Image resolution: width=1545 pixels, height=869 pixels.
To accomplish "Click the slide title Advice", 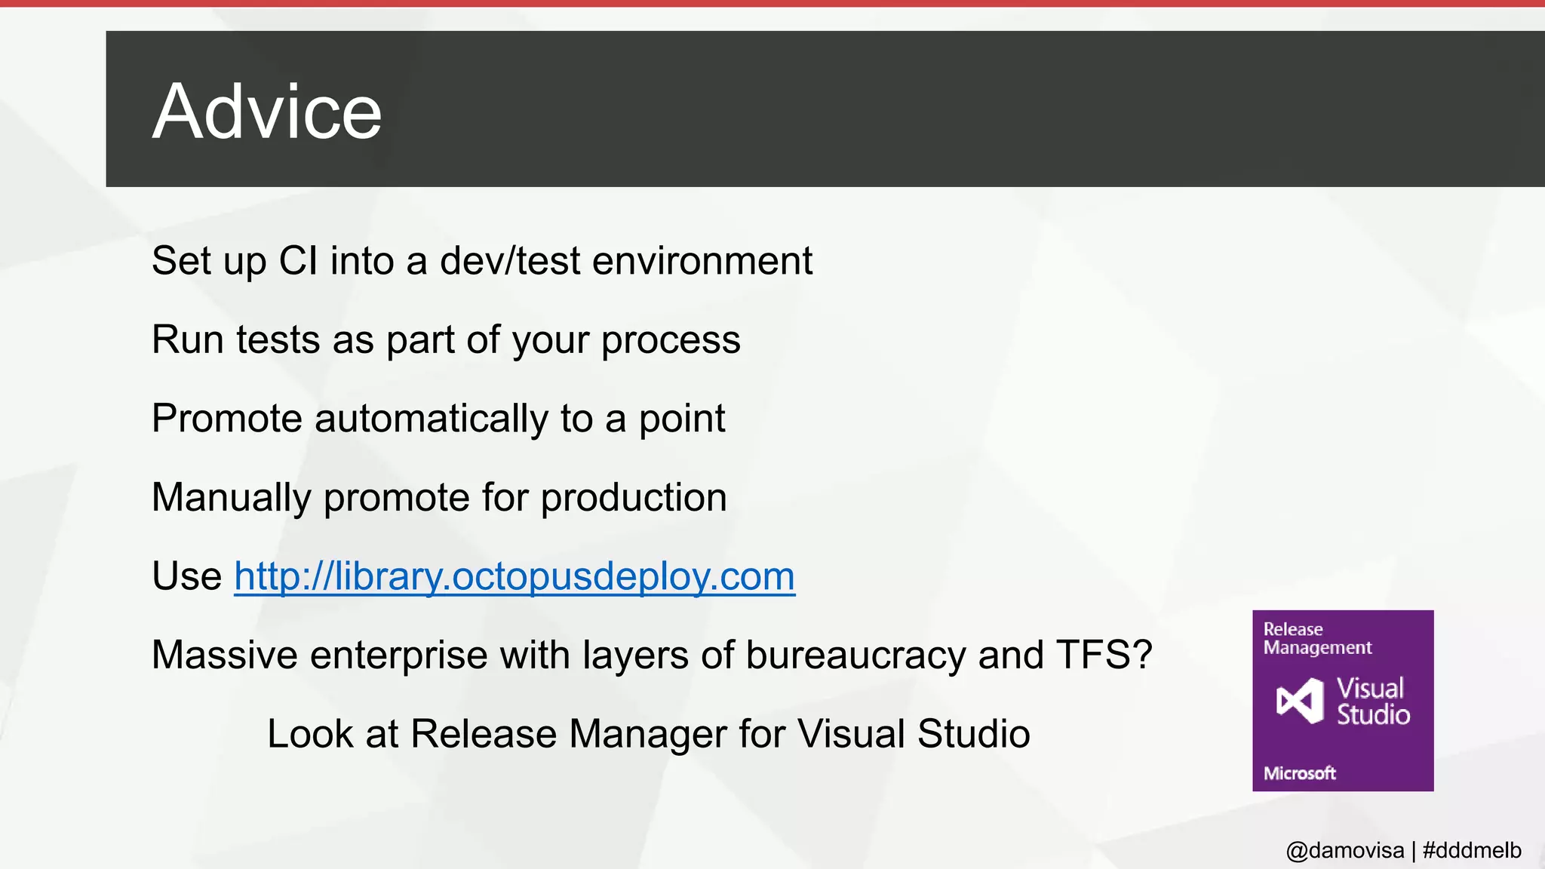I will (x=267, y=112).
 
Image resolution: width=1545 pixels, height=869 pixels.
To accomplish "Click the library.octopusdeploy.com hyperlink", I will (x=514, y=576).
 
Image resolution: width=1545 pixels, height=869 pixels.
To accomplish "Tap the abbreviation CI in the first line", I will (x=298, y=261).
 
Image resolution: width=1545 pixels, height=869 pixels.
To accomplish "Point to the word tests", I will (x=278, y=340).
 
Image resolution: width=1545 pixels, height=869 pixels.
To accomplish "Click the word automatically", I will (x=432, y=419).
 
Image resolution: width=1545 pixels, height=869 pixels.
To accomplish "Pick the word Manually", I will (x=232, y=498).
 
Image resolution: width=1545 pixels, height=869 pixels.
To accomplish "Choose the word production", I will (x=634, y=498).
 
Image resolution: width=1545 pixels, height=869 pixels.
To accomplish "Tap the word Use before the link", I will (x=186, y=576).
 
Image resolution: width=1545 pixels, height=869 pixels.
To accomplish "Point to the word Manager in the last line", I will (x=648, y=734).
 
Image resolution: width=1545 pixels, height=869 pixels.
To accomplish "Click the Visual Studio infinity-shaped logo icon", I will (x=1300, y=701).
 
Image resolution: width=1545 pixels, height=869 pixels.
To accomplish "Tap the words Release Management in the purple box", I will (x=1317, y=638).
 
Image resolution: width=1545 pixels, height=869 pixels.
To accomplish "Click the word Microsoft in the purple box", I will (x=1299, y=773).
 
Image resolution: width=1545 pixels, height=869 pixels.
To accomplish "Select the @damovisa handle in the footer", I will (x=1344, y=851).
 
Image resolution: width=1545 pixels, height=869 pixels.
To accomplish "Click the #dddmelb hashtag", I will (x=1471, y=851).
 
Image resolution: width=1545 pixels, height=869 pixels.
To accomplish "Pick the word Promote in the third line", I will (x=227, y=419).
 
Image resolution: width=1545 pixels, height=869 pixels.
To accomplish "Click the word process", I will (x=671, y=340).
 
